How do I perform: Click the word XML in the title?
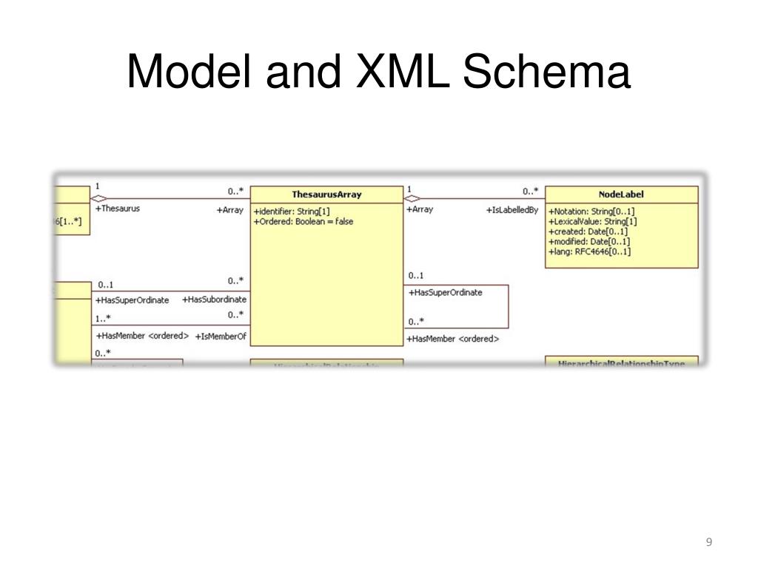point(403,72)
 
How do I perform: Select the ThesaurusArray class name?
point(326,195)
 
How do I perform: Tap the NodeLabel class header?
point(621,195)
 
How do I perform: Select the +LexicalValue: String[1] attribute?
point(592,221)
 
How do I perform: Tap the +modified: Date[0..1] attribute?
point(588,242)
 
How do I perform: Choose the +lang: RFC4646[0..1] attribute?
point(589,252)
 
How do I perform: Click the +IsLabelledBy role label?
point(512,210)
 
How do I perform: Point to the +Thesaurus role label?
point(118,209)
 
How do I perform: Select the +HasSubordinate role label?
point(214,300)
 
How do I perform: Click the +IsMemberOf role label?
point(221,337)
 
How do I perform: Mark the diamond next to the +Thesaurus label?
point(98,198)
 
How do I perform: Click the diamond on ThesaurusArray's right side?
point(412,198)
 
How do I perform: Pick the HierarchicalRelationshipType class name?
point(621,362)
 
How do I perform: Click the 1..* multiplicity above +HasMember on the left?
point(103,319)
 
